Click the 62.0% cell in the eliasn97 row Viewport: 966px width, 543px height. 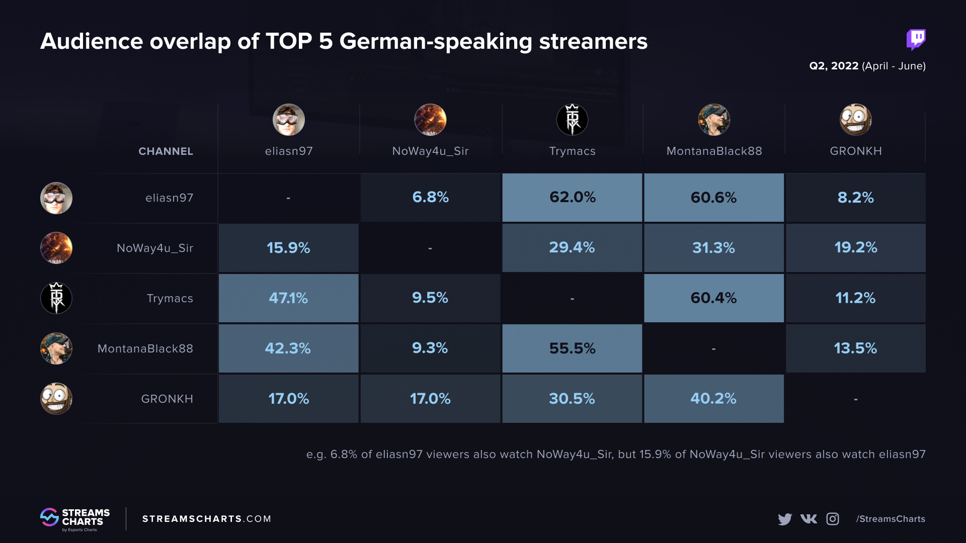[572, 197]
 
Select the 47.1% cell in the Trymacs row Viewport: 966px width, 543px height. [288, 298]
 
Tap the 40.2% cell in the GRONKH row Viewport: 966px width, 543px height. [713, 398]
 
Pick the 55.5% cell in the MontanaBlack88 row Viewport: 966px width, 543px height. [572, 348]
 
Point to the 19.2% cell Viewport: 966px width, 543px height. [855, 247]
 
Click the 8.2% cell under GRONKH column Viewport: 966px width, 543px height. [855, 197]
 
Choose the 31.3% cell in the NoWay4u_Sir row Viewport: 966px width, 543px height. [713, 247]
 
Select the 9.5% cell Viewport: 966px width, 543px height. [430, 298]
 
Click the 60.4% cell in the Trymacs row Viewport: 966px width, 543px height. [713, 298]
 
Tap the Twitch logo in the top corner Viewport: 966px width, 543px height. [916, 39]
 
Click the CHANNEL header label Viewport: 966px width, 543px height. [166, 151]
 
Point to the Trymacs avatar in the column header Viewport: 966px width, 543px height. [572, 120]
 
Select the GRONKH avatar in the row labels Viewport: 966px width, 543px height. [56, 399]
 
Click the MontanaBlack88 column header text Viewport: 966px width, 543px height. [714, 151]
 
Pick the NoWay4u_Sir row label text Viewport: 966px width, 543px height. [155, 248]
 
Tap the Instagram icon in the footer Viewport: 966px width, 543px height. [833, 519]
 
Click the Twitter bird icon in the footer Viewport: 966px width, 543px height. [784, 519]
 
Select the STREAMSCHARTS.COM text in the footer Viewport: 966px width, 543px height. [207, 519]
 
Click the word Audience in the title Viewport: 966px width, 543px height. [92, 41]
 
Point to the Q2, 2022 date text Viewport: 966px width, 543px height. [834, 66]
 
